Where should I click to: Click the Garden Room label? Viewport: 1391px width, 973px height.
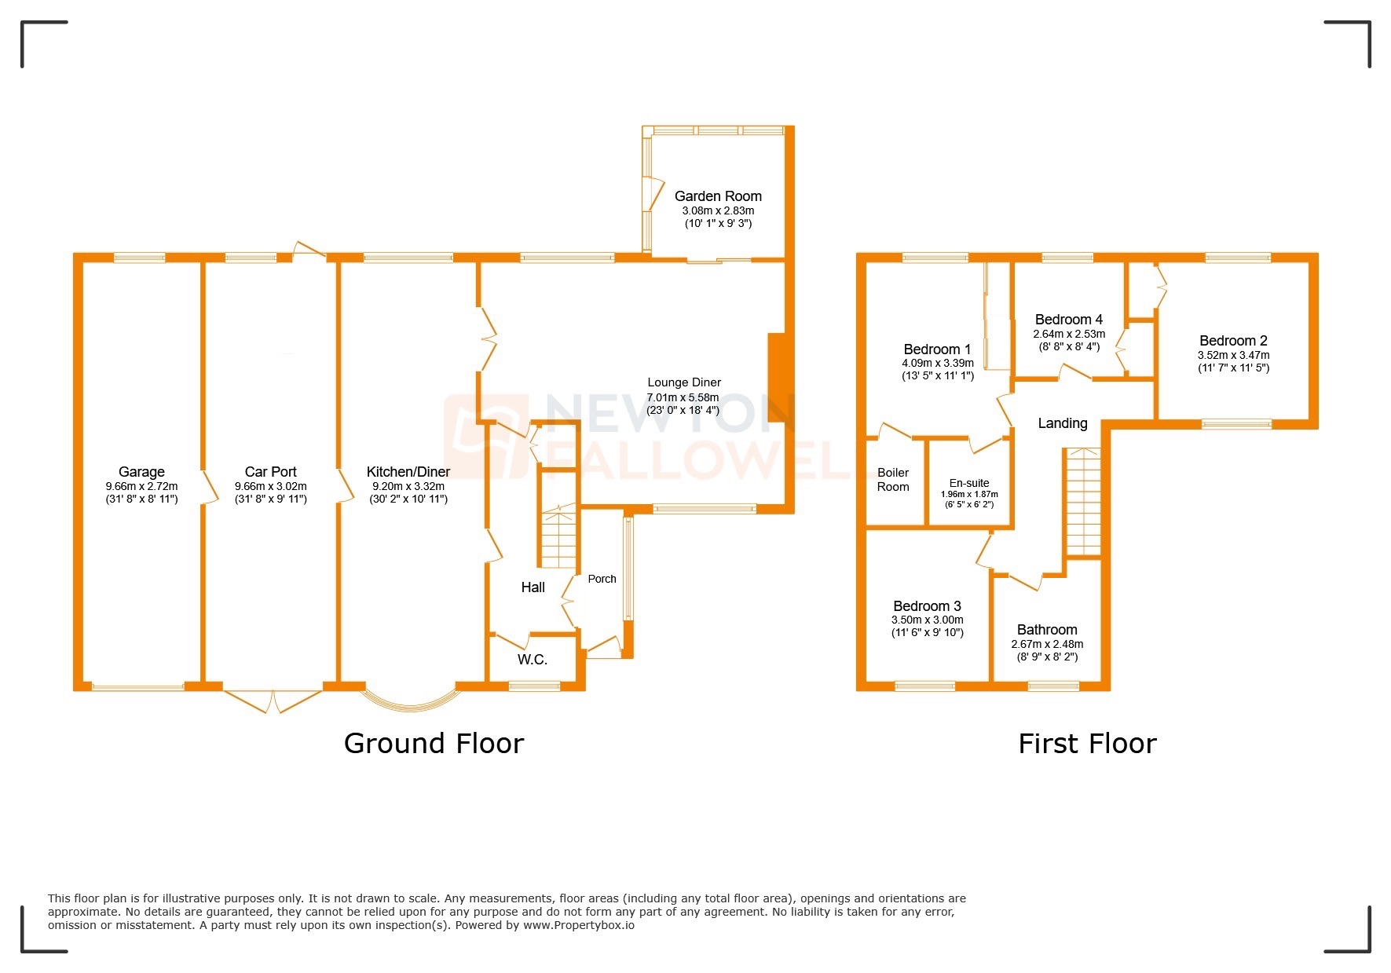tap(718, 196)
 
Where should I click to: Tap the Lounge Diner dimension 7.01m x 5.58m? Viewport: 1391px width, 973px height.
tap(683, 397)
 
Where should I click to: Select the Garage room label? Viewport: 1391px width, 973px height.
tap(141, 472)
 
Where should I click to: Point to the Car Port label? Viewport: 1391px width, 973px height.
tap(270, 472)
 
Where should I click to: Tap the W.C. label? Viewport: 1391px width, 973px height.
tap(532, 660)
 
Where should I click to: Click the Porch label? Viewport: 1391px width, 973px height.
tap(602, 579)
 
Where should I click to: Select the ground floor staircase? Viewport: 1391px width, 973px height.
tap(558, 538)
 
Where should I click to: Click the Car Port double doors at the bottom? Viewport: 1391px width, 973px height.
tap(273, 700)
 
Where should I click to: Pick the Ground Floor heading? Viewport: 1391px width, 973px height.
tap(434, 744)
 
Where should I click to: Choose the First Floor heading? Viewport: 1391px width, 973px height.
tap(1087, 744)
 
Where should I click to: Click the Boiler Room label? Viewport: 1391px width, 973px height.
tap(893, 480)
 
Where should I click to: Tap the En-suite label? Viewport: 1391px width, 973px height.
tap(969, 483)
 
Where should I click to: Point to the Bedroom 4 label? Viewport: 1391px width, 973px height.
tap(1068, 320)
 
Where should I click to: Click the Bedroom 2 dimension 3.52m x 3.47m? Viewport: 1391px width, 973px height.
tap(1233, 355)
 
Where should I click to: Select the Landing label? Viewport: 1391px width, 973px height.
tap(1063, 423)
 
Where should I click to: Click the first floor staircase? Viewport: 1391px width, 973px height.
tap(1083, 503)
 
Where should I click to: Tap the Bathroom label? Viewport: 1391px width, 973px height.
tap(1047, 630)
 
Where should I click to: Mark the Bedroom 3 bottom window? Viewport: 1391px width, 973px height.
tap(925, 686)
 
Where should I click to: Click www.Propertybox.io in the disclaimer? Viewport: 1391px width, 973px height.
tap(579, 925)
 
